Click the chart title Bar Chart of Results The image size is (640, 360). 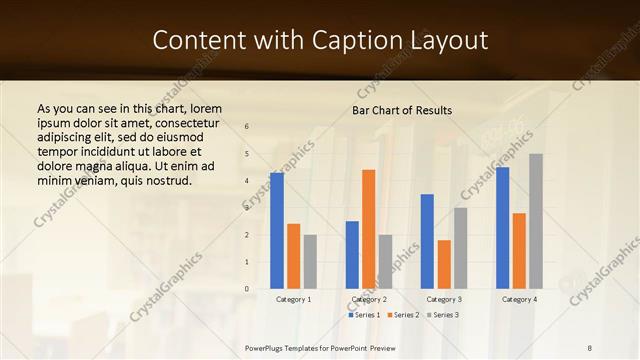click(401, 110)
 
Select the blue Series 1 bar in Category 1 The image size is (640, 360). click(277, 231)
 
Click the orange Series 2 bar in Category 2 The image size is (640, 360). click(368, 229)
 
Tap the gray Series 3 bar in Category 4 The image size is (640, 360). click(536, 221)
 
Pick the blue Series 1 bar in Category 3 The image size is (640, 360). click(427, 241)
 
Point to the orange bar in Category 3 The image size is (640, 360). click(444, 264)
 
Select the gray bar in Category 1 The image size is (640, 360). click(310, 262)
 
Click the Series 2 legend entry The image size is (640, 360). click(403, 315)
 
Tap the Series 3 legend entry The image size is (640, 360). click(443, 315)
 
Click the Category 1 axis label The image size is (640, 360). click(293, 299)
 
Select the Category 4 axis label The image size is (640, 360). click(519, 299)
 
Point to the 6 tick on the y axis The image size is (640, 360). click(247, 126)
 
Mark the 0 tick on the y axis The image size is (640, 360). click(247, 289)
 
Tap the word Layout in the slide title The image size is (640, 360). click(447, 40)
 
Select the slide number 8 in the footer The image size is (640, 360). click(590, 347)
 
